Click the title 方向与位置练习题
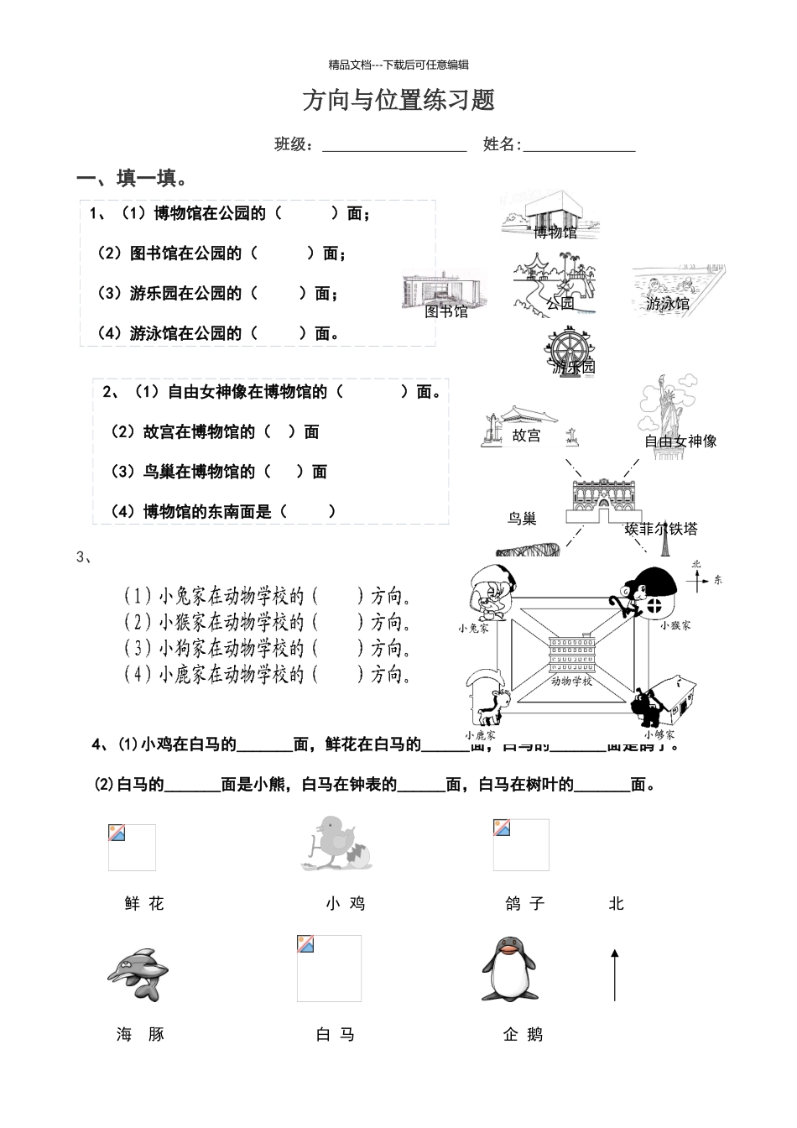[x=398, y=101]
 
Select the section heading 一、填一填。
[x=132, y=179]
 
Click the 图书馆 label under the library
[x=446, y=312]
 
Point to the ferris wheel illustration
[x=572, y=352]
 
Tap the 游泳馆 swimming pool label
[x=668, y=303]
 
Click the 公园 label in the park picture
[x=560, y=303]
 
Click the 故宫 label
[x=526, y=436]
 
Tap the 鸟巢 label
[x=522, y=519]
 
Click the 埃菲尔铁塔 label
[x=661, y=528]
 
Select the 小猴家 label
[x=675, y=625]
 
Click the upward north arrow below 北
[x=615, y=975]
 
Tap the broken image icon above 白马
[x=305, y=943]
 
